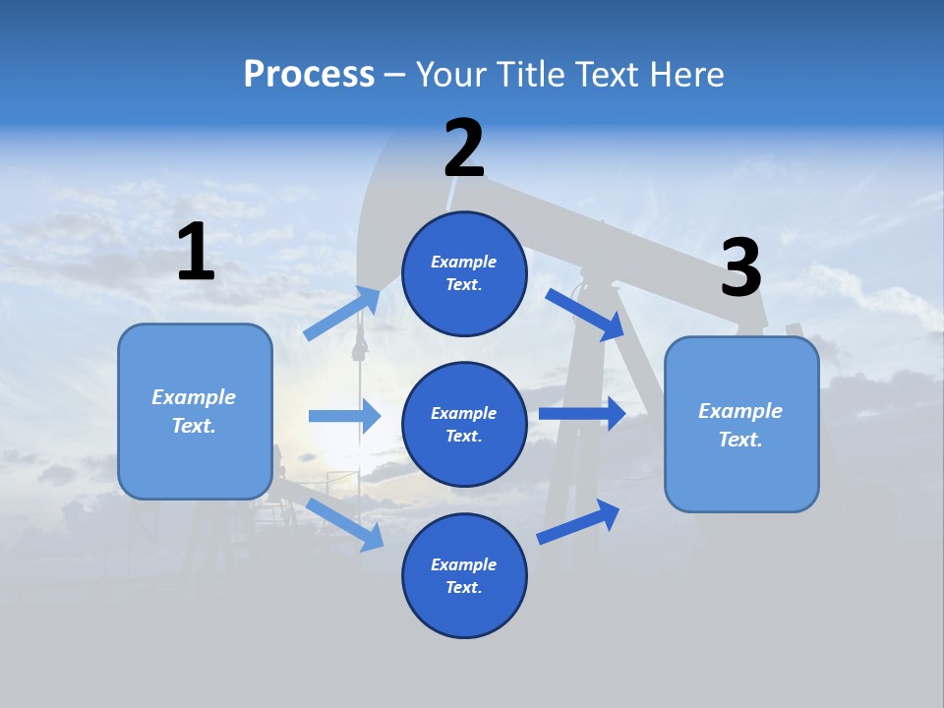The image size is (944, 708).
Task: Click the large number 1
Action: [x=196, y=252]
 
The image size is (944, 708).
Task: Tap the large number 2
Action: [x=464, y=147]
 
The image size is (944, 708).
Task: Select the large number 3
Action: [x=740, y=268]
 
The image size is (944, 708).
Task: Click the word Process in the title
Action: [x=309, y=74]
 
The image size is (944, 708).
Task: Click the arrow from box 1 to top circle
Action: [x=341, y=314]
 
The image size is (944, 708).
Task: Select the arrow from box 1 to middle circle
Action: [x=344, y=416]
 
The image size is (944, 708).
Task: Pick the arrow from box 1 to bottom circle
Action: [x=344, y=523]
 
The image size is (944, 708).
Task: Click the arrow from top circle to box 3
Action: [x=584, y=315]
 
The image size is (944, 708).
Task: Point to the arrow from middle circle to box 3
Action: [x=581, y=413]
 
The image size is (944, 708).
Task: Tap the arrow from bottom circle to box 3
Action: [x=577, y=522]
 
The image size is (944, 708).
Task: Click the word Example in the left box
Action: [x=194, y=397]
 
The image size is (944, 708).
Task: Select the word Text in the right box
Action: [x=739, y=440]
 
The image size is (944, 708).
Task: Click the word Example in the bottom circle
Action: [x=463, y=564]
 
